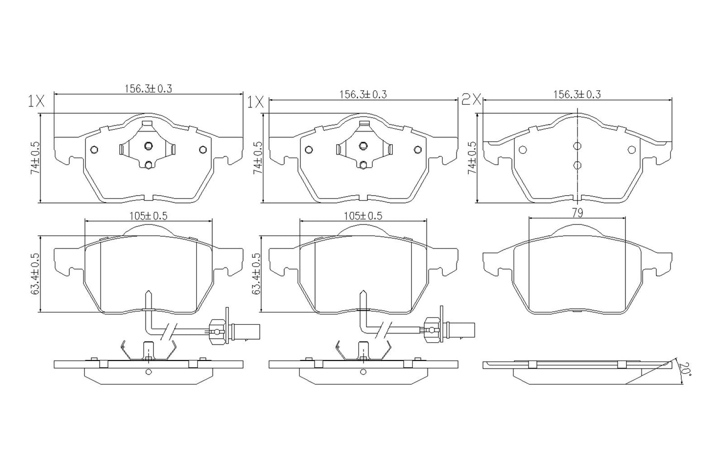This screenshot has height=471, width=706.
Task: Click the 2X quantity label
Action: (x=472, y=101)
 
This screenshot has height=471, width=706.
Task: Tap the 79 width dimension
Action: (x=578, y=213)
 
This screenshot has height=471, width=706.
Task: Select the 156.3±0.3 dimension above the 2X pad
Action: (x=577, y=94)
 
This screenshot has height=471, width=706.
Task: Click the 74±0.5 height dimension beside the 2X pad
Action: (x=471, y=158)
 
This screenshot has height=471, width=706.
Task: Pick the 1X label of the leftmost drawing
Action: (x=36, y=101)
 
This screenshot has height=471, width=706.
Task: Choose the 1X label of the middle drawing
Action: (x=256, y=102)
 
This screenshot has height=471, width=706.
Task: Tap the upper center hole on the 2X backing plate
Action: (x=578, y=146)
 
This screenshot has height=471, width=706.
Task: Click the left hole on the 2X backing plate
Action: (x=522, y=150)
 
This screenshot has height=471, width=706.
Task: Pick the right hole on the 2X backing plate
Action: (x=631, y=150)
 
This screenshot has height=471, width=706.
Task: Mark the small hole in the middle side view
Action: (x=363, y=372)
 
